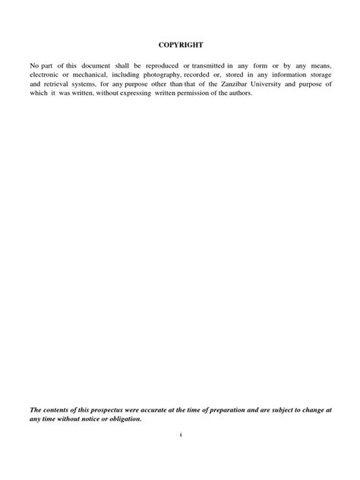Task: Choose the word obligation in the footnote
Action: pyautogui.click(x=122, y=418)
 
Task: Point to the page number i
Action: pyautogui.click(x=180, y=435)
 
